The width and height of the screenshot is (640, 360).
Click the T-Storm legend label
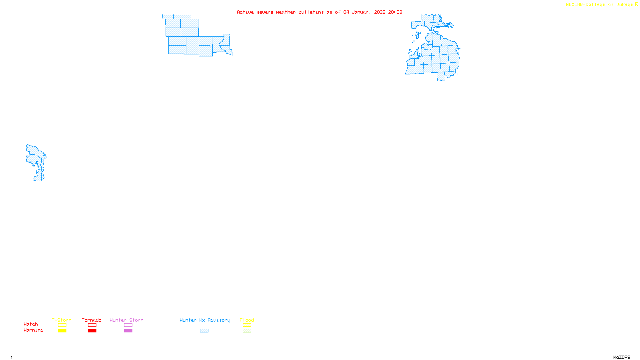click(62, 320)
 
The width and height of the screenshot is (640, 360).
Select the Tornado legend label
click(92, 320)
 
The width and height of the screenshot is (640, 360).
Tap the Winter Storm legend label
click(126, 320)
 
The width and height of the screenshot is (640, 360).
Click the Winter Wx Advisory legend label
click(205, 320)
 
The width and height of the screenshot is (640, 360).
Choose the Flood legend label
click(247, 320)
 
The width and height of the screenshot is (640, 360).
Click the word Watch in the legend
click(31, 324)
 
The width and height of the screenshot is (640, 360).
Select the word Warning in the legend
click(34, 330)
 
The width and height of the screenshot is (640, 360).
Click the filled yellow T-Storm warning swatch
click(62, 331)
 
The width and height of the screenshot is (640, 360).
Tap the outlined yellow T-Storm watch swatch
click(62, 325)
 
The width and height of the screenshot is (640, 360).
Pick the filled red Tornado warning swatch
click(92, 331)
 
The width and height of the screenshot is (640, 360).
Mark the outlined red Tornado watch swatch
click(92, 325)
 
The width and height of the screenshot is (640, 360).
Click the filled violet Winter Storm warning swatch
click(128, 331)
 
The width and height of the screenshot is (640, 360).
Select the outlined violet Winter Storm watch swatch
click(128, 325)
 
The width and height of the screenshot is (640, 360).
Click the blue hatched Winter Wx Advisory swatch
click(204, 331)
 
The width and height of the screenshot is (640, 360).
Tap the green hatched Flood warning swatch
click(247, 331)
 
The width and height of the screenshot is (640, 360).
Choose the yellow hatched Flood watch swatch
click(247, 325)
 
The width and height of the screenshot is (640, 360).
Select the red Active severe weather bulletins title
click(320, 12)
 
